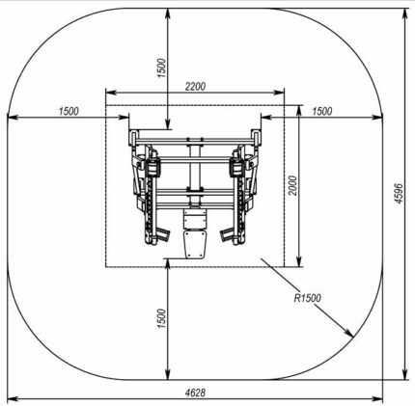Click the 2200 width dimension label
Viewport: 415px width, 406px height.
pyautogui.click(x=195, y=87)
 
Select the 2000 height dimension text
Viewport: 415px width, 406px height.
pyautogui.click(x=292, y=185)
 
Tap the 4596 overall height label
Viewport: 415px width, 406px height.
pyautogui.click(x=399, y=194)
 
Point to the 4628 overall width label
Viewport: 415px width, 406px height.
pyautogui.click(x=195, y=392)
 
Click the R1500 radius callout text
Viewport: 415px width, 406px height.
pyautogui.click(x=308, y=298)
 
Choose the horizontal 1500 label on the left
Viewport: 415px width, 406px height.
pyautogui.click(x=69, y=111)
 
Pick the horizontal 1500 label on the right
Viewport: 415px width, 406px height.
pyautogui.click(x=322, y=111)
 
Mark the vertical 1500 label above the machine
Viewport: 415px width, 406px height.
pyautogui.click(x=162, y=68)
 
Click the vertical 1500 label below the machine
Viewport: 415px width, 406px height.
pyautogui.click(x=162, y=318)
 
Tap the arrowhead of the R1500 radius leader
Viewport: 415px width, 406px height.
pyautogui.click(x=350, y=333)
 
